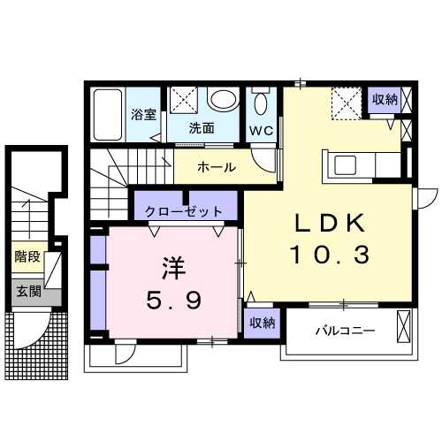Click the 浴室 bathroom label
[143, 114]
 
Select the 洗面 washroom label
[202, 128]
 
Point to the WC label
[260, 131]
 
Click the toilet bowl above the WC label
[260, 104]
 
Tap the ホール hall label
[216, 167]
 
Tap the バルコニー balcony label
[346, 331]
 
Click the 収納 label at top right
[384, 99]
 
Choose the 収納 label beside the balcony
[260, 324]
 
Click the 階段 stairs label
[27, 258]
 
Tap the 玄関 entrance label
[27, 291]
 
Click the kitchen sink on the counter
[343, 165]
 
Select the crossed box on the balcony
[405, 326]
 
